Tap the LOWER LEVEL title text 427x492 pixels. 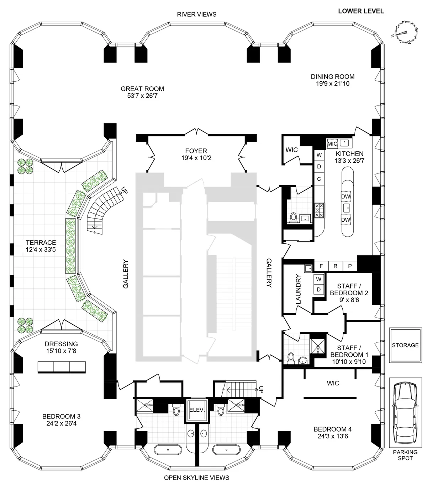click(x=361, y=11)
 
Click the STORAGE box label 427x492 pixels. click(x=405, y=345)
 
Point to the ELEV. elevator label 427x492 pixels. click(x=197, y=410)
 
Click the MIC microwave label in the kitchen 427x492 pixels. click(x=332, y=144)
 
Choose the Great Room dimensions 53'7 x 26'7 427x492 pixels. click(x=142, y=96)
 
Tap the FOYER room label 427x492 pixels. click(x=196, y=151)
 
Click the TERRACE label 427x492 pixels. click(x=41, y=243)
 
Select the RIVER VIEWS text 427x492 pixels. click(x=197, y=15)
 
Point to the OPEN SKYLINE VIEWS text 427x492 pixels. click(x=196, y=477)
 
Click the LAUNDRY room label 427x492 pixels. click(x=298, y=289)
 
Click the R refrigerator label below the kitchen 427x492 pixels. click(x=335, y=266)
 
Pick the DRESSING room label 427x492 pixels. click(x=61, y=344)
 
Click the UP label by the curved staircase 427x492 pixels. click(x=123, y=190)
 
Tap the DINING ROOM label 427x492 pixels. click(x=332, y=76)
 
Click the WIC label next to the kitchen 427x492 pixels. click(x=291, y=150)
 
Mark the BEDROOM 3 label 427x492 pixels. click(x=59, y=416)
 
